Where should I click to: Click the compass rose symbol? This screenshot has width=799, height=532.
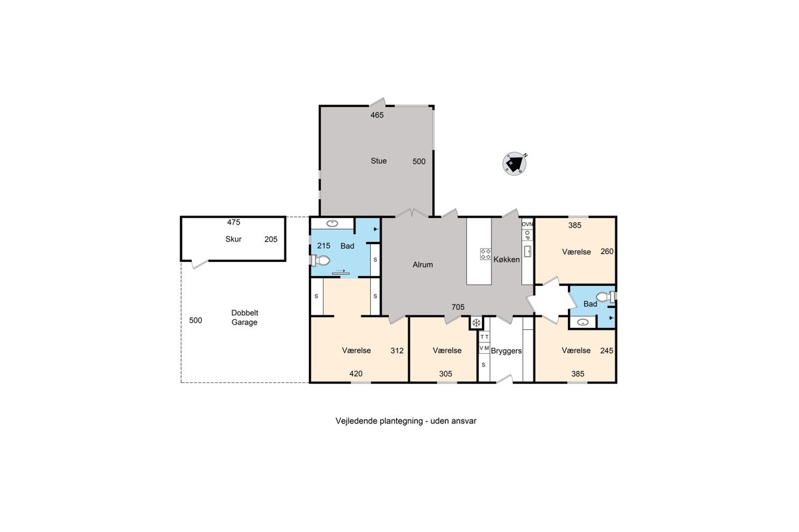click(514, 164)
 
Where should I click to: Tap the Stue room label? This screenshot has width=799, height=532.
click(378, 161)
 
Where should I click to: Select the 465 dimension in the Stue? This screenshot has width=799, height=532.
click(377, 115)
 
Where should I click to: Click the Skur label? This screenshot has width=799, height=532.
click(233, 239)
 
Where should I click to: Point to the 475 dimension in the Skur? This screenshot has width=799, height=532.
click(234, 222)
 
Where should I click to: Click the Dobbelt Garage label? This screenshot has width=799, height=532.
click(244, 317)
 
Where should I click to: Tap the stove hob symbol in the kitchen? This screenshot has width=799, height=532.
click(485, 254)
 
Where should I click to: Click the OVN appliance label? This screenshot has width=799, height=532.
click(527, 224)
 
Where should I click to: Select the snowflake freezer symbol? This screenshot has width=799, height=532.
click(476, 323)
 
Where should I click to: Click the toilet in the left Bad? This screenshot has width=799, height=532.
click(320, 261)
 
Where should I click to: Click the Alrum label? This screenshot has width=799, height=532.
click(423, 265)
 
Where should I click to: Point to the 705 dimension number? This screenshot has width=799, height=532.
click(458, 307)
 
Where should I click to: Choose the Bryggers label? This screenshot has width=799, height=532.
click(506, 351)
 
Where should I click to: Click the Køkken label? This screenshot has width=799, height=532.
click(507, 259)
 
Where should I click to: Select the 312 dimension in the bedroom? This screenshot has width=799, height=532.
click(397, 350)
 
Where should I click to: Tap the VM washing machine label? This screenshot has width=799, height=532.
click(484, 348)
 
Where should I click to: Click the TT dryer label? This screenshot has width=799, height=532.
click(484, 336)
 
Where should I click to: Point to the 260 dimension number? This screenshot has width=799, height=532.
click(607, 251)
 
